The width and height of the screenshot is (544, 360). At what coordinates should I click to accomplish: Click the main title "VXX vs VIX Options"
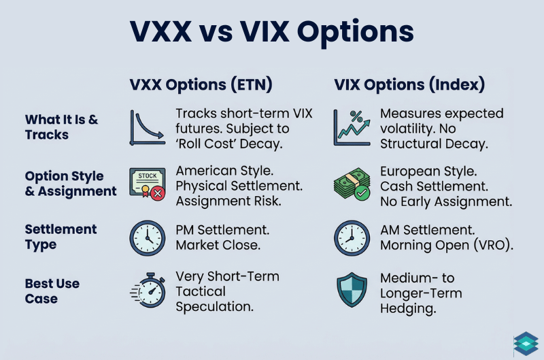[x=272, y=31]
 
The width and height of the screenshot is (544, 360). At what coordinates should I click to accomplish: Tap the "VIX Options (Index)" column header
[x=409, y=86]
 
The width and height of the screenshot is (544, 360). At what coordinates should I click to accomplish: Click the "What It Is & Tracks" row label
[x=61, y=127]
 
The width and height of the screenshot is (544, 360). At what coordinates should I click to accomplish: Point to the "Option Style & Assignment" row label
[x=70, y=184]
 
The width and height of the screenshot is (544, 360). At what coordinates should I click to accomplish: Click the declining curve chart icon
[x=147, y=128]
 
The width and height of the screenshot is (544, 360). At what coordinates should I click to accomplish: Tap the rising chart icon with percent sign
[x=352, y=128]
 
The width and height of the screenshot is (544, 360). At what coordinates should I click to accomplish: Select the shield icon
[x=352, y=291]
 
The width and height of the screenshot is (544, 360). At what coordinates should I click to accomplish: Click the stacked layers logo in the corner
[x=525, y=344]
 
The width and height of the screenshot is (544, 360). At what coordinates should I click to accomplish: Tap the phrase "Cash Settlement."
[x=432, y=186]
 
